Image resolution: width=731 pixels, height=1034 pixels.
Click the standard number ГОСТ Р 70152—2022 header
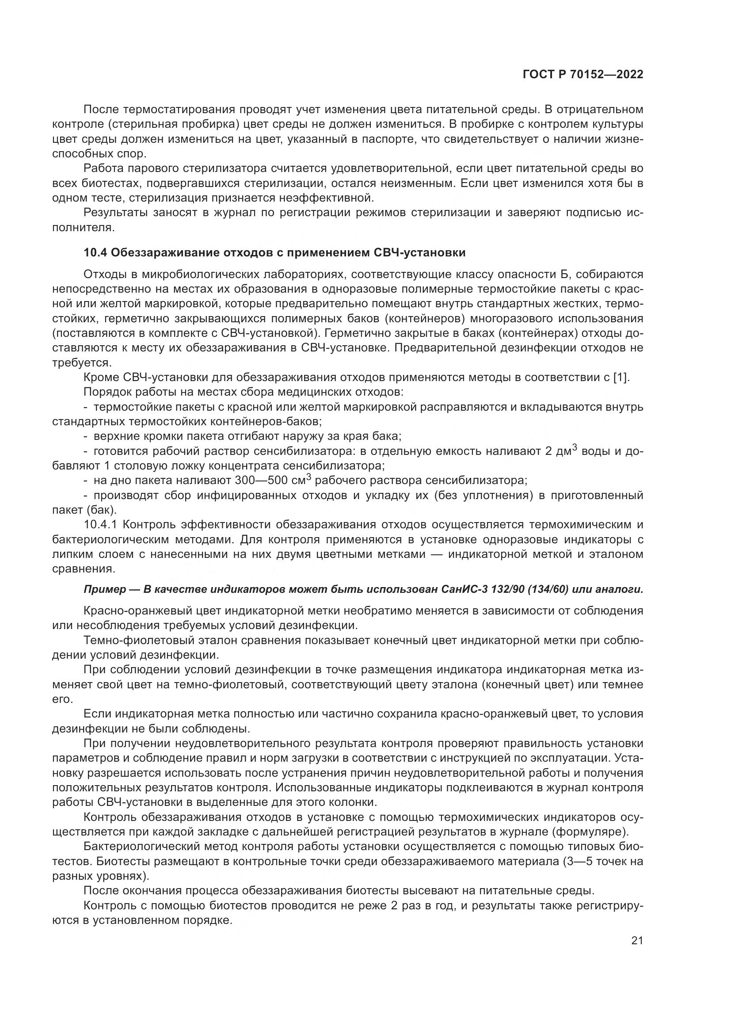pos(583,74)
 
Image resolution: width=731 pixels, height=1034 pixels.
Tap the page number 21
pos(637,941)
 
